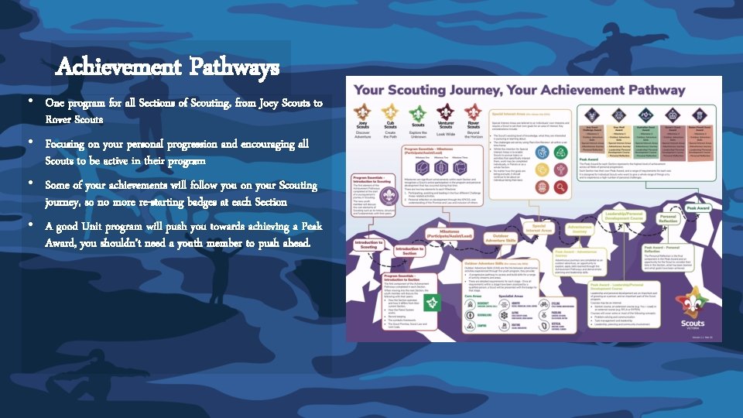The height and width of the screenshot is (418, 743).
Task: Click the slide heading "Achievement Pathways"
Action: tap(167, 69)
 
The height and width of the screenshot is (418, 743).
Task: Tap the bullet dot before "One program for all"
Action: tap(30, 102)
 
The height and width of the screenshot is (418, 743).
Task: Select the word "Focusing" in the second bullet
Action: tap(64, 144)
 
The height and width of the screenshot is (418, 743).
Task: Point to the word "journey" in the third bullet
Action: tap(65, 202)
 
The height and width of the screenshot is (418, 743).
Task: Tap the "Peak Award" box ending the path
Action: tap(701, 207)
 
